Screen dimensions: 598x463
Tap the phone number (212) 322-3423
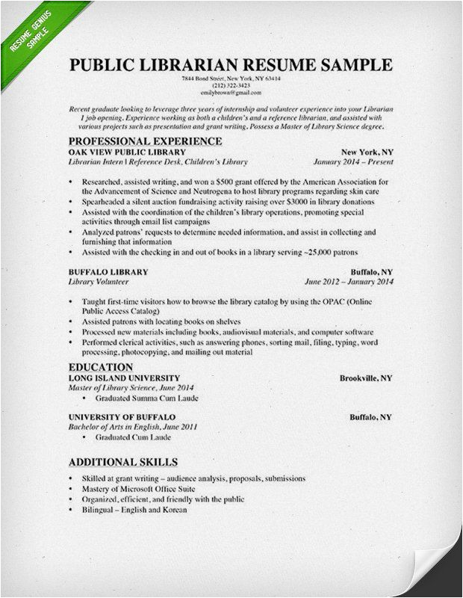tap(231, 86)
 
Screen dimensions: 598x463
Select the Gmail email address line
tap(231, 93)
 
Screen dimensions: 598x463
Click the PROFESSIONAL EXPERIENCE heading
tap(145, 141)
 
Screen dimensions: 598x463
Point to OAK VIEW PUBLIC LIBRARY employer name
tap(122, 151)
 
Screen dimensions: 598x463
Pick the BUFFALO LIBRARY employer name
tap(108, 271)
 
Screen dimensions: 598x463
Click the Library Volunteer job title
tap(98, 282)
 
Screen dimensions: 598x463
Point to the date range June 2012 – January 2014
tap(348, 282)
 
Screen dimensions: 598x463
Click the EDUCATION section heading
tap(100, 367)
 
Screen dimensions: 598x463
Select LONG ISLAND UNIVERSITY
tap(123, 378)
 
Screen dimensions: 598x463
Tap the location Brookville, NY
tap(365, 378)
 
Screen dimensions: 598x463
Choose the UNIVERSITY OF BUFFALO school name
tap(122, 417)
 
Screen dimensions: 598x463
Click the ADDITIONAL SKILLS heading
tap(122, 462)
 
